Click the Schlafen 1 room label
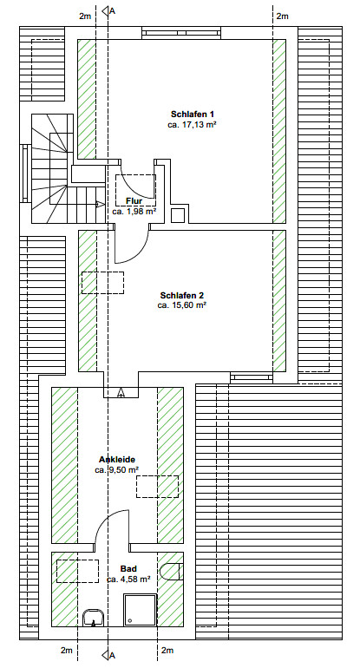tap(192, 115)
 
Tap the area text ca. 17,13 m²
tap(192, 124)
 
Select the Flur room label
tap(134, 200)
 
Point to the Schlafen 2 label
tap(182, 295)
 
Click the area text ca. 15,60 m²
tap(182, 305)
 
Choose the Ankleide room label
tap(117, 460)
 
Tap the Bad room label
tap(128, 569)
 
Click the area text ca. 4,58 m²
tap(128, 579)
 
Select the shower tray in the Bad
tap(141, 610)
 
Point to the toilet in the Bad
tap(172, 572)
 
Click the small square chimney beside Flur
tap(178, 215)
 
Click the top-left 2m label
tap(85, 16)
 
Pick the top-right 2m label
tap(282, 16)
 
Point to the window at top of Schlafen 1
tap(181, 33)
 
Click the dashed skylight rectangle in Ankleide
tap(157, 487)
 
